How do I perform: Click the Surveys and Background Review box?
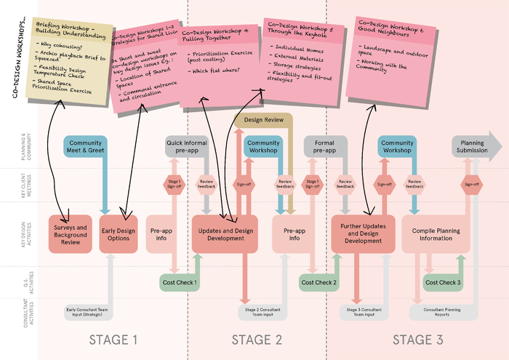[69, 233]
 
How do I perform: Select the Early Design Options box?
[118, 233]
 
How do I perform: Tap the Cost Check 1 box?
[179, 281]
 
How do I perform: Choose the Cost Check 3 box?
[444, 281]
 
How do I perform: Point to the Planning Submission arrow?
[476, 146]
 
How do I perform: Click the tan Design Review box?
[263, 119]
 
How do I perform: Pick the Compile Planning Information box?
[436, 233]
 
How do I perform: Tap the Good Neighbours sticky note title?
[390, 28]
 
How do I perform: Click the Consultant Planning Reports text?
[442, 311]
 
